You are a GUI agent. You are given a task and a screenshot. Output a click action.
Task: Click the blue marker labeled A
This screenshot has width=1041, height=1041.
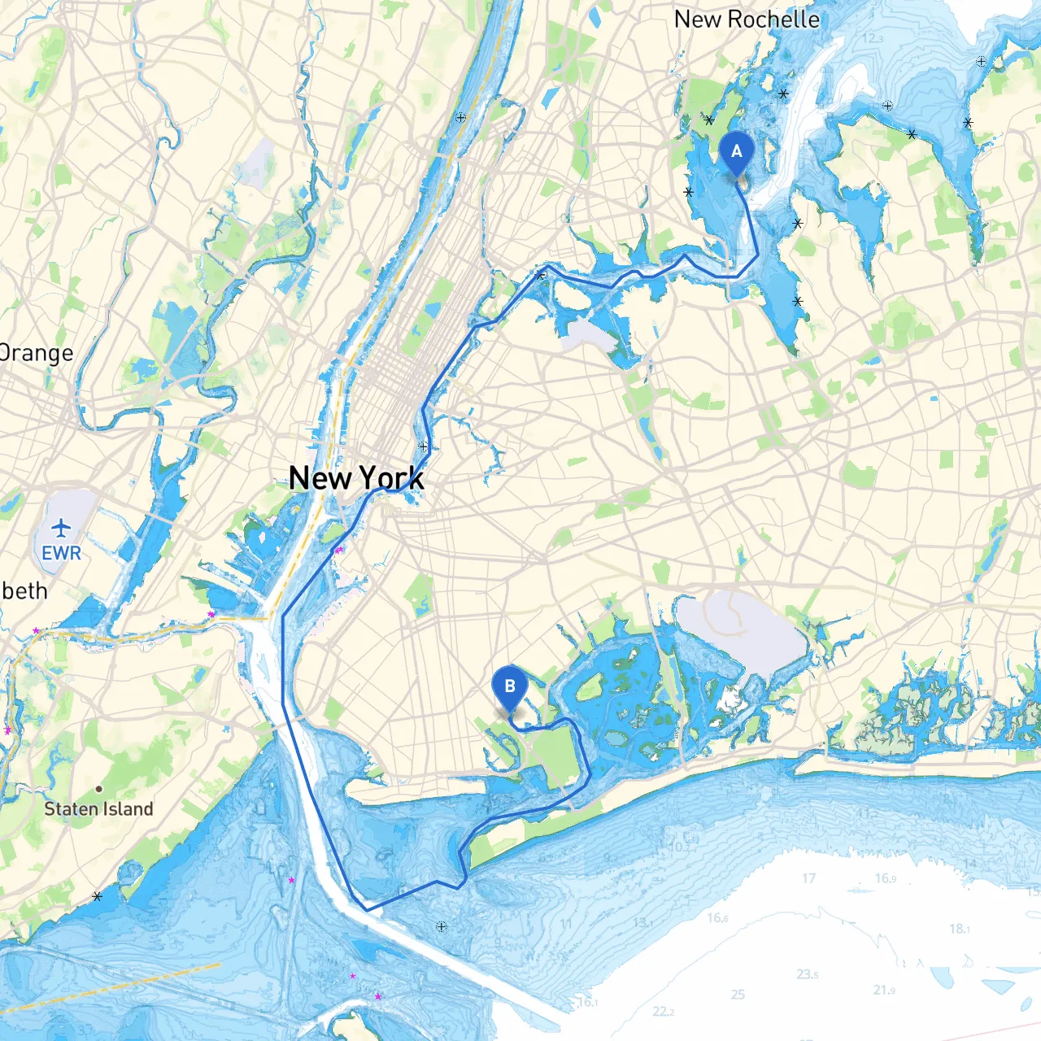737,152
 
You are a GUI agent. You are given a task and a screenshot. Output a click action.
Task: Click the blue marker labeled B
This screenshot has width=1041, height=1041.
510,687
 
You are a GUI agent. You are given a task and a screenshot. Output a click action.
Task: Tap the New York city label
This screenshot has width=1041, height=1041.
356,477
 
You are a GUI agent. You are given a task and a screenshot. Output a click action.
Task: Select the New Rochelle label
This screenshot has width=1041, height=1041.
747,20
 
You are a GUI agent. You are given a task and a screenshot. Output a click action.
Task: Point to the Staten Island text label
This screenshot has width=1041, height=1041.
98,809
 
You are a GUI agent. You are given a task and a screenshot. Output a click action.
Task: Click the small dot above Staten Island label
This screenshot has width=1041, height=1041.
98,788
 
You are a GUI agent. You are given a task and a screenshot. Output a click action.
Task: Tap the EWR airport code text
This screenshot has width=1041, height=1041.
62,553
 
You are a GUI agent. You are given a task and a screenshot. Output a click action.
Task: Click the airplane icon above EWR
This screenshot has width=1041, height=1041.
61,528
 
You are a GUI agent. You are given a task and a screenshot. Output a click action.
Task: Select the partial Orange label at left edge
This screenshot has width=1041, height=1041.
37,353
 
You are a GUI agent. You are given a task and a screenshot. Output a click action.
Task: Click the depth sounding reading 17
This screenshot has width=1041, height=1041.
808,878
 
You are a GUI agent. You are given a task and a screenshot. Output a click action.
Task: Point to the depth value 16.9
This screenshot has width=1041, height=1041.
886,878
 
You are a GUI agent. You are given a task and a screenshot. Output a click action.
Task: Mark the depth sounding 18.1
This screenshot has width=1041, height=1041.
958,928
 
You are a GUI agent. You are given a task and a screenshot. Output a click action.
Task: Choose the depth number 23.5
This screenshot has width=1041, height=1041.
808,974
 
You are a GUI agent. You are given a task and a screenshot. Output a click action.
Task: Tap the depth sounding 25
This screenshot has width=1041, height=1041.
738,994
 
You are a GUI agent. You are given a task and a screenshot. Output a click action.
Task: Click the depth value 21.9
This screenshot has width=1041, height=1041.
884,990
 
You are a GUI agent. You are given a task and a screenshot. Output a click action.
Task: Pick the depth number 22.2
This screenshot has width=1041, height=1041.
663,1012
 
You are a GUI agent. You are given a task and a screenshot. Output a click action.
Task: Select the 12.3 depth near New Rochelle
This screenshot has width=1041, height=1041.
873,38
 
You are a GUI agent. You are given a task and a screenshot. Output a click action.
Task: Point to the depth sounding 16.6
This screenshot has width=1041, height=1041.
717,918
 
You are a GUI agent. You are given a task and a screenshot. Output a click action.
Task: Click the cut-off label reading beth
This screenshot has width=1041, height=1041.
24,590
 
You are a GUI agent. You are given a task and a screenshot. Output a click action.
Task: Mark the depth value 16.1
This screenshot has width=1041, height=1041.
587,1002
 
